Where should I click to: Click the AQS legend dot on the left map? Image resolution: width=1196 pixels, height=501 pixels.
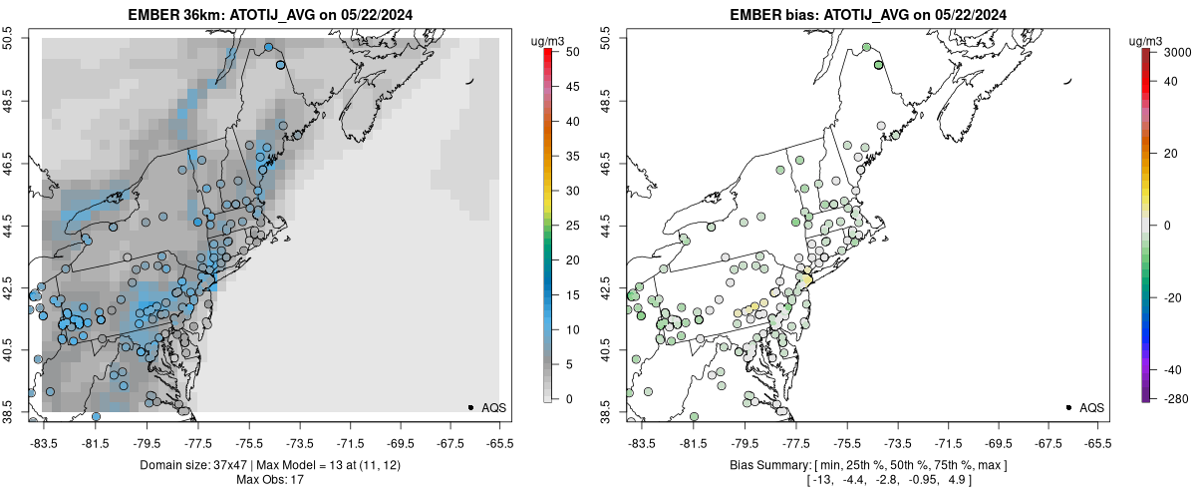click(x=470, y=407)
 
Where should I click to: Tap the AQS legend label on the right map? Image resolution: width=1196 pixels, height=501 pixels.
click(x=1091, y=407)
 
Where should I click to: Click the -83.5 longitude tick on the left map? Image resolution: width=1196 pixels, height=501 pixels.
click(x=44, y=442)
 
